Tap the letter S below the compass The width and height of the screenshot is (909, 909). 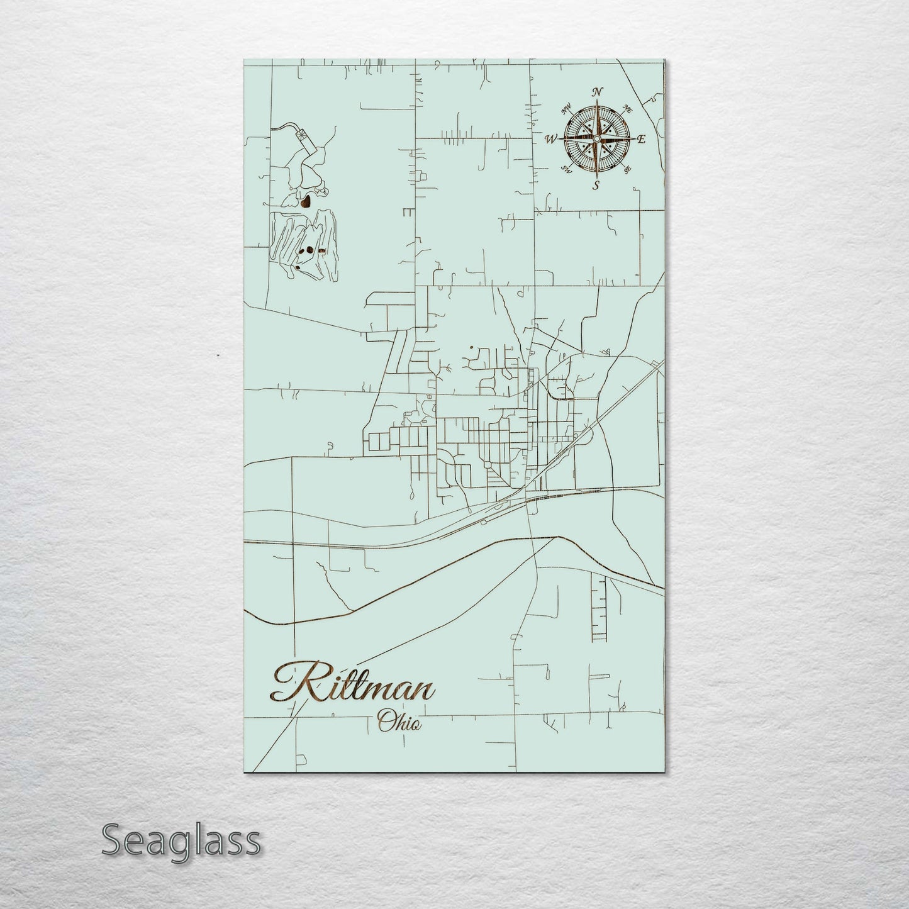596,184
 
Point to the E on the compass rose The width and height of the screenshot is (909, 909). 641,140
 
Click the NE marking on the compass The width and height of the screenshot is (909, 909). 627,107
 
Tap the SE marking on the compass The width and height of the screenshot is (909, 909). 627,169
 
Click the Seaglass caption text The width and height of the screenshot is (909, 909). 181,840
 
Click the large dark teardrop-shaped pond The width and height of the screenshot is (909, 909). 306,201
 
